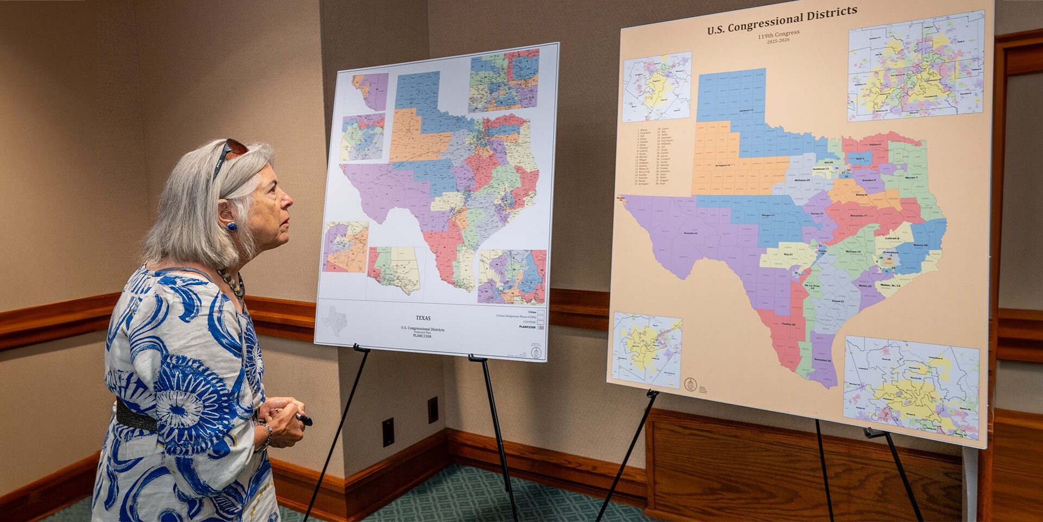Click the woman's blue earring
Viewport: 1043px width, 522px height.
[232, 226]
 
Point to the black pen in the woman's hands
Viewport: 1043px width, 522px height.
[303, 419]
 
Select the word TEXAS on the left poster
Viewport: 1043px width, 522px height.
[423, 318]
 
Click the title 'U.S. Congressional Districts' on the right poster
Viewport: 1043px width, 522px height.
[782, 20]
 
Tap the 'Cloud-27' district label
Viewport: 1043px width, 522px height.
[837, 301]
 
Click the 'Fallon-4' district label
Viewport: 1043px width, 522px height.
[874, 144]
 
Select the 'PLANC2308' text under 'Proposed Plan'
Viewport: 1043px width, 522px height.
[422, 337]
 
